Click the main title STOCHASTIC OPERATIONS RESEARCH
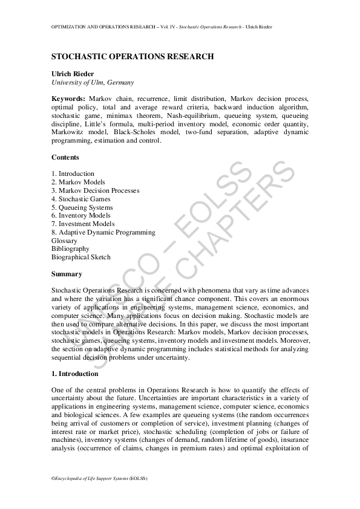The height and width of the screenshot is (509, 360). click(133, 57)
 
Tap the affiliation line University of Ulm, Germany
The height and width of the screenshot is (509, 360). click(93, 82)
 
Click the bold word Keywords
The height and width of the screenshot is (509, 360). click(68, 99)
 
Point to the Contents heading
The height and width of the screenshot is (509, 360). click(65, 158)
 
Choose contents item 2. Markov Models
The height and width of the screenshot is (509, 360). click(78, 182)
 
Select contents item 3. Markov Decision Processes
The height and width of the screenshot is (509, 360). click(95, 190)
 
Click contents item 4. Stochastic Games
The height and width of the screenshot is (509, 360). click(81, 199)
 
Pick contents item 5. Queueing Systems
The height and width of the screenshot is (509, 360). click(82, 207)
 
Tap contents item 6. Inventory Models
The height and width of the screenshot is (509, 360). click(81, 215)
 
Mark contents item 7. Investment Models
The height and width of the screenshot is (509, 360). click(83, 224)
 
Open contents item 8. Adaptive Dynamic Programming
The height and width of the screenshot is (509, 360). click(103, 232)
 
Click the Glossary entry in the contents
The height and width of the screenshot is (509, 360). click(64, 241)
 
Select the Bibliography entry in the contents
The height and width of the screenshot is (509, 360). click(70, 248)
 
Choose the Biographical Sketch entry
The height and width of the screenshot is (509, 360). click(81, 257)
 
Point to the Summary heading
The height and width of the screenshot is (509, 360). click(67, 274)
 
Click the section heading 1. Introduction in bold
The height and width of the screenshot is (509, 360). click(74, 374)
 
